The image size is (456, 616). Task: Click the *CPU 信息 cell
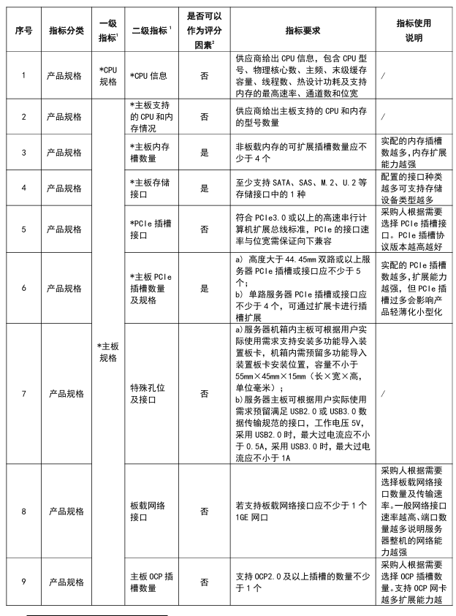click(148, 75)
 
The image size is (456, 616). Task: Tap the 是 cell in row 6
click(204, 289)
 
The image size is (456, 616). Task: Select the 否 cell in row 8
click(204, 511)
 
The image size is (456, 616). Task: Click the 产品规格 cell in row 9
click(65, 582)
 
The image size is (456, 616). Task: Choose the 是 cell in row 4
click(204, 189)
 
